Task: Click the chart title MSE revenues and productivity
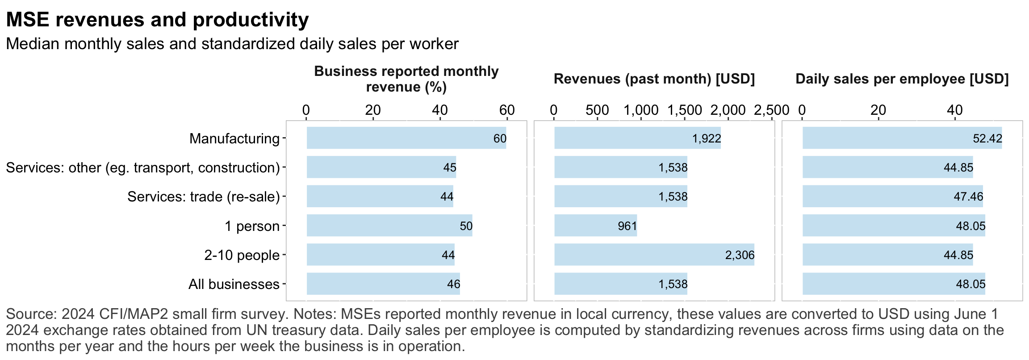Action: coord(157,20)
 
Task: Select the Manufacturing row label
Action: coord(234,138)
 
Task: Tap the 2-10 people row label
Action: coord(242,255)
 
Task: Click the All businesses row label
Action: coord(234,284)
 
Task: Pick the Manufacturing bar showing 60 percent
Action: coord(402,138)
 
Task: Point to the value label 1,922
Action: coord(707,138)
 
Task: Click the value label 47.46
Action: coord(968,197)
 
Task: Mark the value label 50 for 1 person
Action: coord(466,226)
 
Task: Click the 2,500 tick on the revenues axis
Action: coord(771,110)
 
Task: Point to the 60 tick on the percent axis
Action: coord(507,110)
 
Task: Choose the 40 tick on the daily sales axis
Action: coord(955,110)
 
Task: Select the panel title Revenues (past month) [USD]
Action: coord(654,79)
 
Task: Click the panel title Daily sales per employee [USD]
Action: coord(902,79)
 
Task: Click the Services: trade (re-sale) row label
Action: coord(204,197)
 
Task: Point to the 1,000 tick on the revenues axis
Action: coord(640,110)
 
